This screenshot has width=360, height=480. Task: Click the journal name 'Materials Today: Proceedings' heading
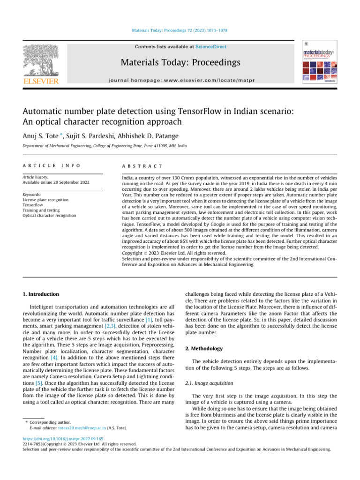coord(180,62)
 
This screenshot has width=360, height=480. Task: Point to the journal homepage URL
coord(180,80)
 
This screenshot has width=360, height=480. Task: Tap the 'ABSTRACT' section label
coord(142,166)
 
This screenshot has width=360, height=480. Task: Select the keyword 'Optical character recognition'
coord(49,216)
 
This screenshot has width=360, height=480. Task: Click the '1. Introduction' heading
coord(41,294)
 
